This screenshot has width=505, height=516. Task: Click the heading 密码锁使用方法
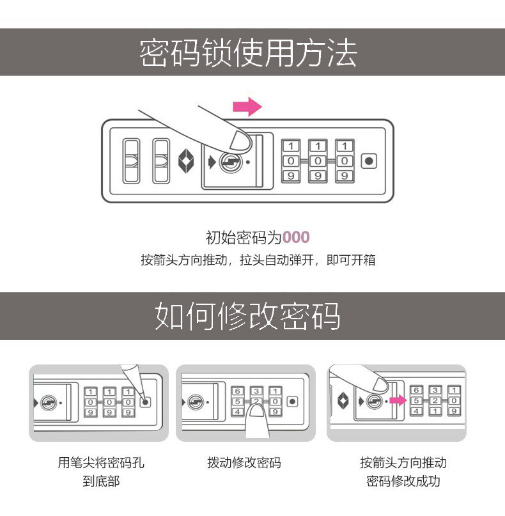(247, 53)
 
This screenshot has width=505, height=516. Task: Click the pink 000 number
(296, 238)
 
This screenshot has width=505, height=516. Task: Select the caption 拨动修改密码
(244, 463)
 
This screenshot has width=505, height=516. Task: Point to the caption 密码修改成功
(403, 481)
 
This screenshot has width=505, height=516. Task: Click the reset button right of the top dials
(368, 161)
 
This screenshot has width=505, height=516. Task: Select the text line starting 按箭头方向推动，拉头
(258, 261)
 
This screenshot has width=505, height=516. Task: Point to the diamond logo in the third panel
(343, 401)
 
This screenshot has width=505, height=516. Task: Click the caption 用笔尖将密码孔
(101, 463)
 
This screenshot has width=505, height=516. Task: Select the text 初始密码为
(243, 238)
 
